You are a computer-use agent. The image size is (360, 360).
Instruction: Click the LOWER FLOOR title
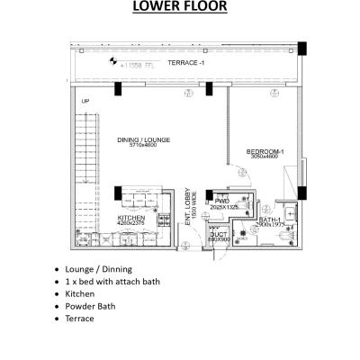click(x=180, y=9)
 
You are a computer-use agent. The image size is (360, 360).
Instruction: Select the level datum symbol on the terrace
click(x=113, y=62)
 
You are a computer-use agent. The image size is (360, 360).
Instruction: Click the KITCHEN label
click(x=131, y=218)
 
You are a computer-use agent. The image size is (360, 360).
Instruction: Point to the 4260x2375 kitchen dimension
click(x=131, y=224)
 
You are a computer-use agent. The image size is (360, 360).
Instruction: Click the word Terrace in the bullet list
click(x=81, y=329)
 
